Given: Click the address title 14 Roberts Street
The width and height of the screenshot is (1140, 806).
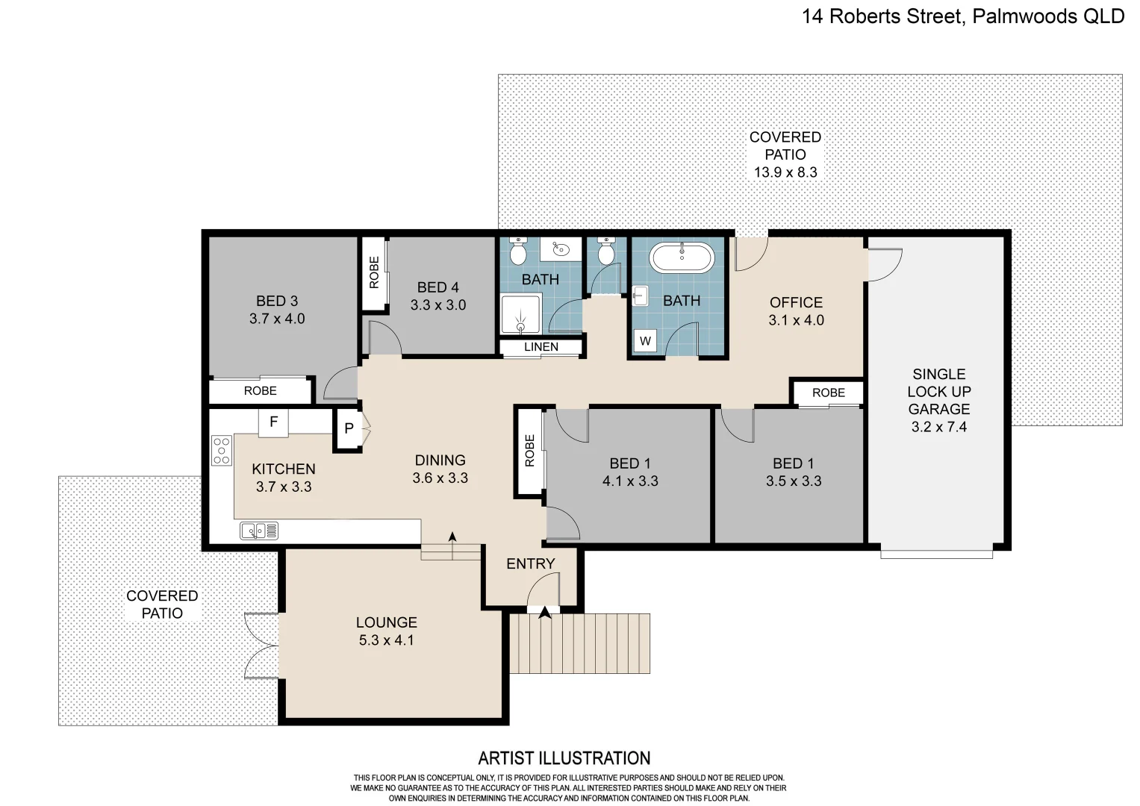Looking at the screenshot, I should click(x=962, y=16).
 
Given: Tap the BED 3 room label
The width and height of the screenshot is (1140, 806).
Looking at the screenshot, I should click(x=277, y=301).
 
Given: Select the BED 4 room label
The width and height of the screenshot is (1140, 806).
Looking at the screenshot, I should click(x=437, y=287).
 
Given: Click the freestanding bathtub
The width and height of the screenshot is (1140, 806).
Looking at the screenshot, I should click(x=681, y=257).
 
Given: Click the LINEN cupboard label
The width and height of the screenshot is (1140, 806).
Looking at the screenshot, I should click(x=541, y=347).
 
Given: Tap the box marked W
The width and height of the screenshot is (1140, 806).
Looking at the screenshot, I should click(x=645, y=341).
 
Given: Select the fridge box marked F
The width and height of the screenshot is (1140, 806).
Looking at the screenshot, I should click(x=273, y=422).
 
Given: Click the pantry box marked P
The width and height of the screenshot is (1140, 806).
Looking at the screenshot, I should click(x=349, y=429).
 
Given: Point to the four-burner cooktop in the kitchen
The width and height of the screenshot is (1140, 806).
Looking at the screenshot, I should click(x=222, y=451).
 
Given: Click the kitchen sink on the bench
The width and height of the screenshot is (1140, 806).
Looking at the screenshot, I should click(x=259, y=531).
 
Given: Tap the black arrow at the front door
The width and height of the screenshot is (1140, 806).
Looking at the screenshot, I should click(x=545, y=612).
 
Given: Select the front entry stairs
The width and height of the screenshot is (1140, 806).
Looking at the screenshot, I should click(x=579, y=643).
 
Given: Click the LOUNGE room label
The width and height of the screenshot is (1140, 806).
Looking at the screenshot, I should click(x=386, y=622).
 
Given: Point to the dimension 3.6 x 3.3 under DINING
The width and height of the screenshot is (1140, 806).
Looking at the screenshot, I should click(x=440, y=478).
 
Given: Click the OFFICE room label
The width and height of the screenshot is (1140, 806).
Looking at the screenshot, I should click(x=796, y=302).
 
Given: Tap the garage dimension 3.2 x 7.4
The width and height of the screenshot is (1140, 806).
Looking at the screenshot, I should click(x=938, y=427).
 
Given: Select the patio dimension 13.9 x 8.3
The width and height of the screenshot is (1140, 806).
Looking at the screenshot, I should click(x=785, y=172).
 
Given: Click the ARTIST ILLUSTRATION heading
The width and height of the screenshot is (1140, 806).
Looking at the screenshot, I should click(x=564, y=758).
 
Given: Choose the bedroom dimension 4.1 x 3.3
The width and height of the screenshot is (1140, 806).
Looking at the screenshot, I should click(x=630, y=481).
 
